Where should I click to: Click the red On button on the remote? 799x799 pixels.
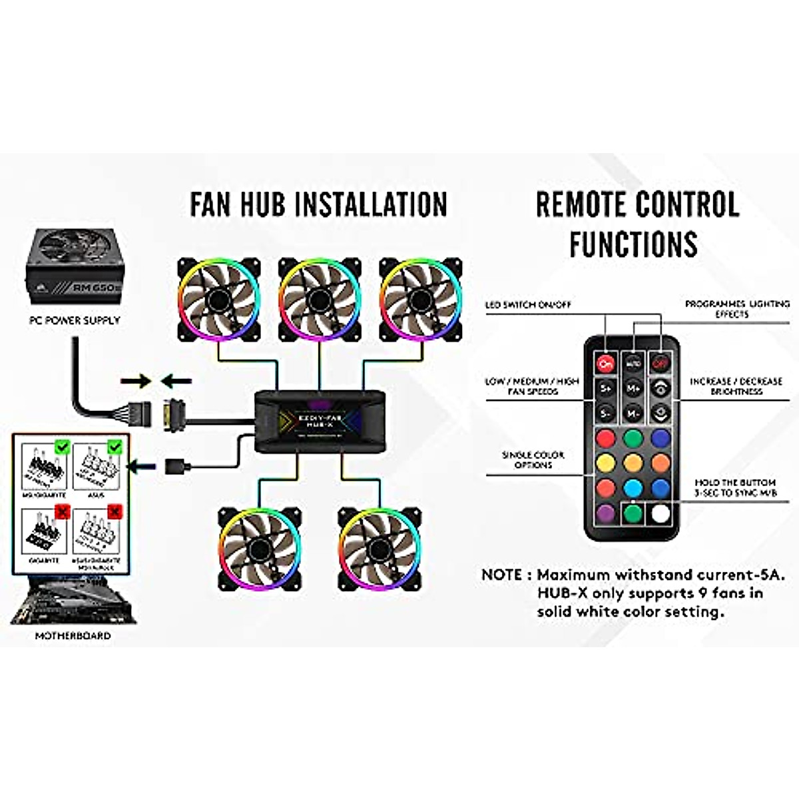click(605, 364)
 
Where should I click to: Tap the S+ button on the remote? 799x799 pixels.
click(605, 388)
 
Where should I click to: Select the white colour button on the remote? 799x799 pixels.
click(661, 513)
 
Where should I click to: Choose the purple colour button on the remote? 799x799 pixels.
click(605, 513)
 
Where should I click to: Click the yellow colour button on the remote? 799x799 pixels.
click(605, 463)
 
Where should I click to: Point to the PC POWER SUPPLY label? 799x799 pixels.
click(75, 320)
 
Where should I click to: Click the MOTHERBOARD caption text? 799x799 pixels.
click(73, 636)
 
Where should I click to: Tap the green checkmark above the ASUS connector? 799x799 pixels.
click(115, 446)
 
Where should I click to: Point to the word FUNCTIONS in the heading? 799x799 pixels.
click(633, 244)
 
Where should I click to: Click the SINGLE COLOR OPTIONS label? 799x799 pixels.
click(533, 459)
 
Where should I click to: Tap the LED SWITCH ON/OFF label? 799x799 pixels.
click(528, 305)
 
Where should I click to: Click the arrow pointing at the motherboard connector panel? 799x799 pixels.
click(141, 466)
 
